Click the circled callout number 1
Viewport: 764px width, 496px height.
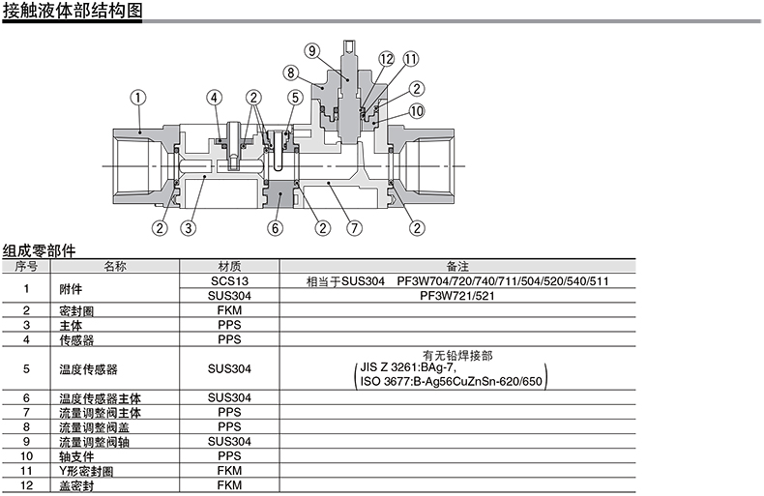click(138, 98)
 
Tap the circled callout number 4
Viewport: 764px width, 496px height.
click(215, 98)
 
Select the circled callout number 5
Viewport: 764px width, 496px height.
click(294, 98)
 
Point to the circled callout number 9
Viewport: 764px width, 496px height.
click(311, 51)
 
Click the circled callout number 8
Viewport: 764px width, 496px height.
click(291, 72)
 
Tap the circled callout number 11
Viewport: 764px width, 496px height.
click(410, 60)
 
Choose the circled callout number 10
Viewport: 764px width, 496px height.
click(417, 111)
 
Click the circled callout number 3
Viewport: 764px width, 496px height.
click(188, 229)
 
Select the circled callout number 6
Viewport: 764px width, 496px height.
click(275, 229)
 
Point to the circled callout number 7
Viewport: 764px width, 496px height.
click(354, 229)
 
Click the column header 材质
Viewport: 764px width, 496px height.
click(229, 265)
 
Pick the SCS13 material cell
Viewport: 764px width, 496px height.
click(229, 280)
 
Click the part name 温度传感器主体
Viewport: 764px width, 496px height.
click(95, 398)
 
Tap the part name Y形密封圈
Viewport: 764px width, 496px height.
click(86, 471)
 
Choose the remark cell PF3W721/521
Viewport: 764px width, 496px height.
click(456, 295)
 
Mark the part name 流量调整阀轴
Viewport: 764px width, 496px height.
click(88, 442)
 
